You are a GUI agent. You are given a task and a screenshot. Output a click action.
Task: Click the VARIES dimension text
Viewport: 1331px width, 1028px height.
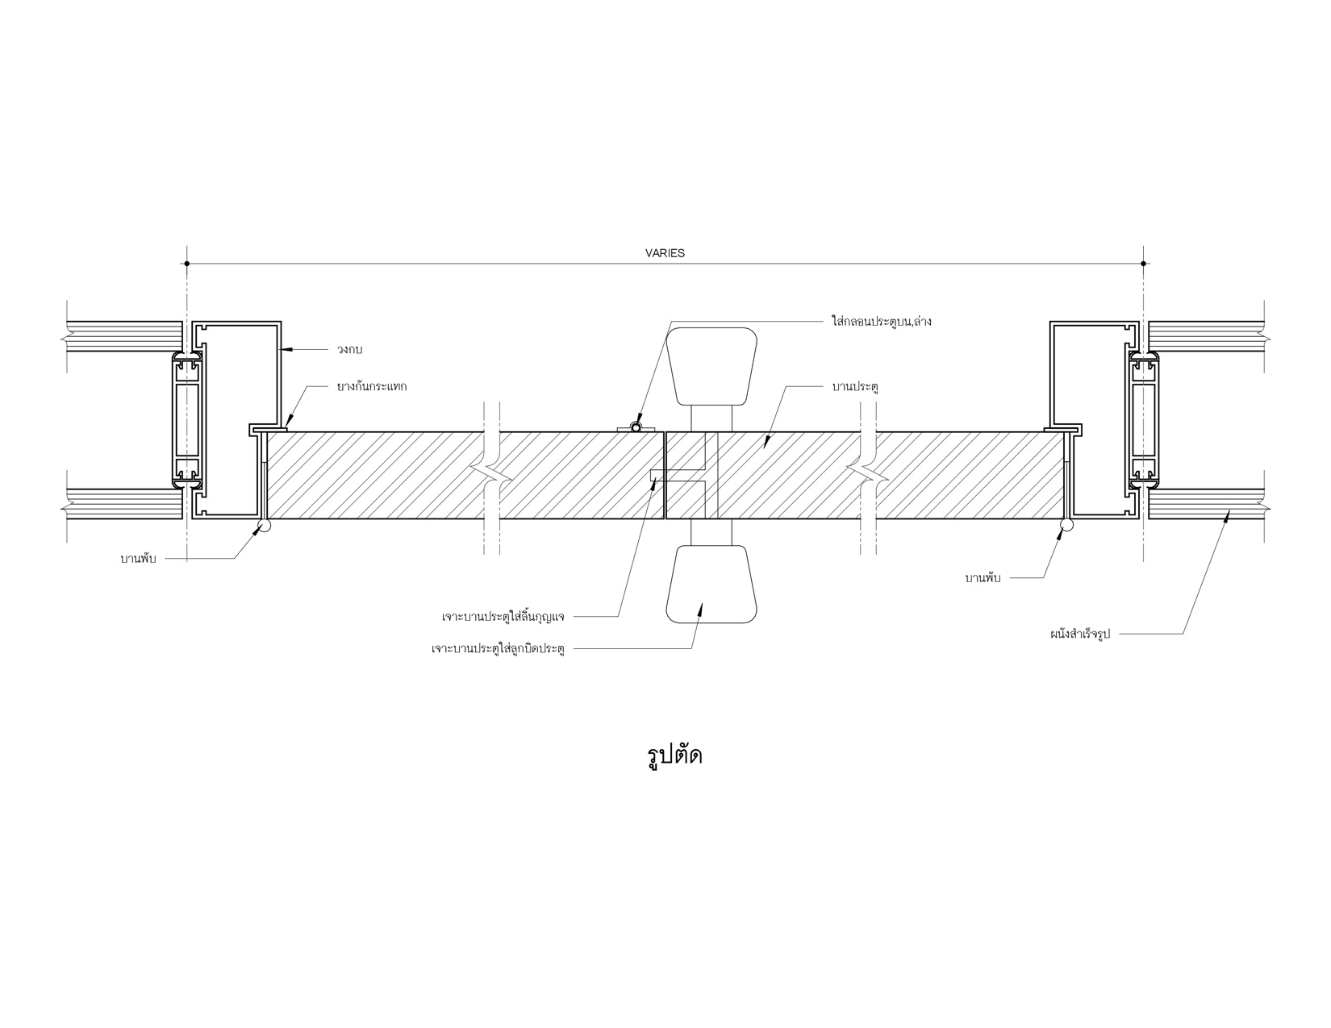pyautogui.click(x=665, y=253)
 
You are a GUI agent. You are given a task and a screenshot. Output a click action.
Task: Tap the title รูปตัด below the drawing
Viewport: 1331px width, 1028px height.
pyautogui.click(x=674, y=755)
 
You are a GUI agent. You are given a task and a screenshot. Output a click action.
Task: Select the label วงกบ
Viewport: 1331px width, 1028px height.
pyautogui.click(x=350, y=350)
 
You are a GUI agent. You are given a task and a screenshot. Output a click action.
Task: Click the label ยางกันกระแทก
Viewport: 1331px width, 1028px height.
pyautogui.click(x=372, y=386)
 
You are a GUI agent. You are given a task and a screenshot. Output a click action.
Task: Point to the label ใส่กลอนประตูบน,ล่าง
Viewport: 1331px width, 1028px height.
pyautogui.click(x=882, y=321)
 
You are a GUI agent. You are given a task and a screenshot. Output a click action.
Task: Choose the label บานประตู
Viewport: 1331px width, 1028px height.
pyautogui.click(x=856, y=387)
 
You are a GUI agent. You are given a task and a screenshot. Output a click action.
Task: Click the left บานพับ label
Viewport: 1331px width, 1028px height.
pyautogui.click(x=139, y=559)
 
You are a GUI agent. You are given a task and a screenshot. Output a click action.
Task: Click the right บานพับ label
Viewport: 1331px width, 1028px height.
pyautogui.click(x=983, y=577)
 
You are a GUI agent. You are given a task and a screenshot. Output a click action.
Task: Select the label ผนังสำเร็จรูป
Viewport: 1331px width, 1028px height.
pyautogui.click(x=1079, y=634)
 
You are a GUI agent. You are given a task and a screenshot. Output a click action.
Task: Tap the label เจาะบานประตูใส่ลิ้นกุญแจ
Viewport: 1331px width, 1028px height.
pyautogui.click(x=503, y=617)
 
